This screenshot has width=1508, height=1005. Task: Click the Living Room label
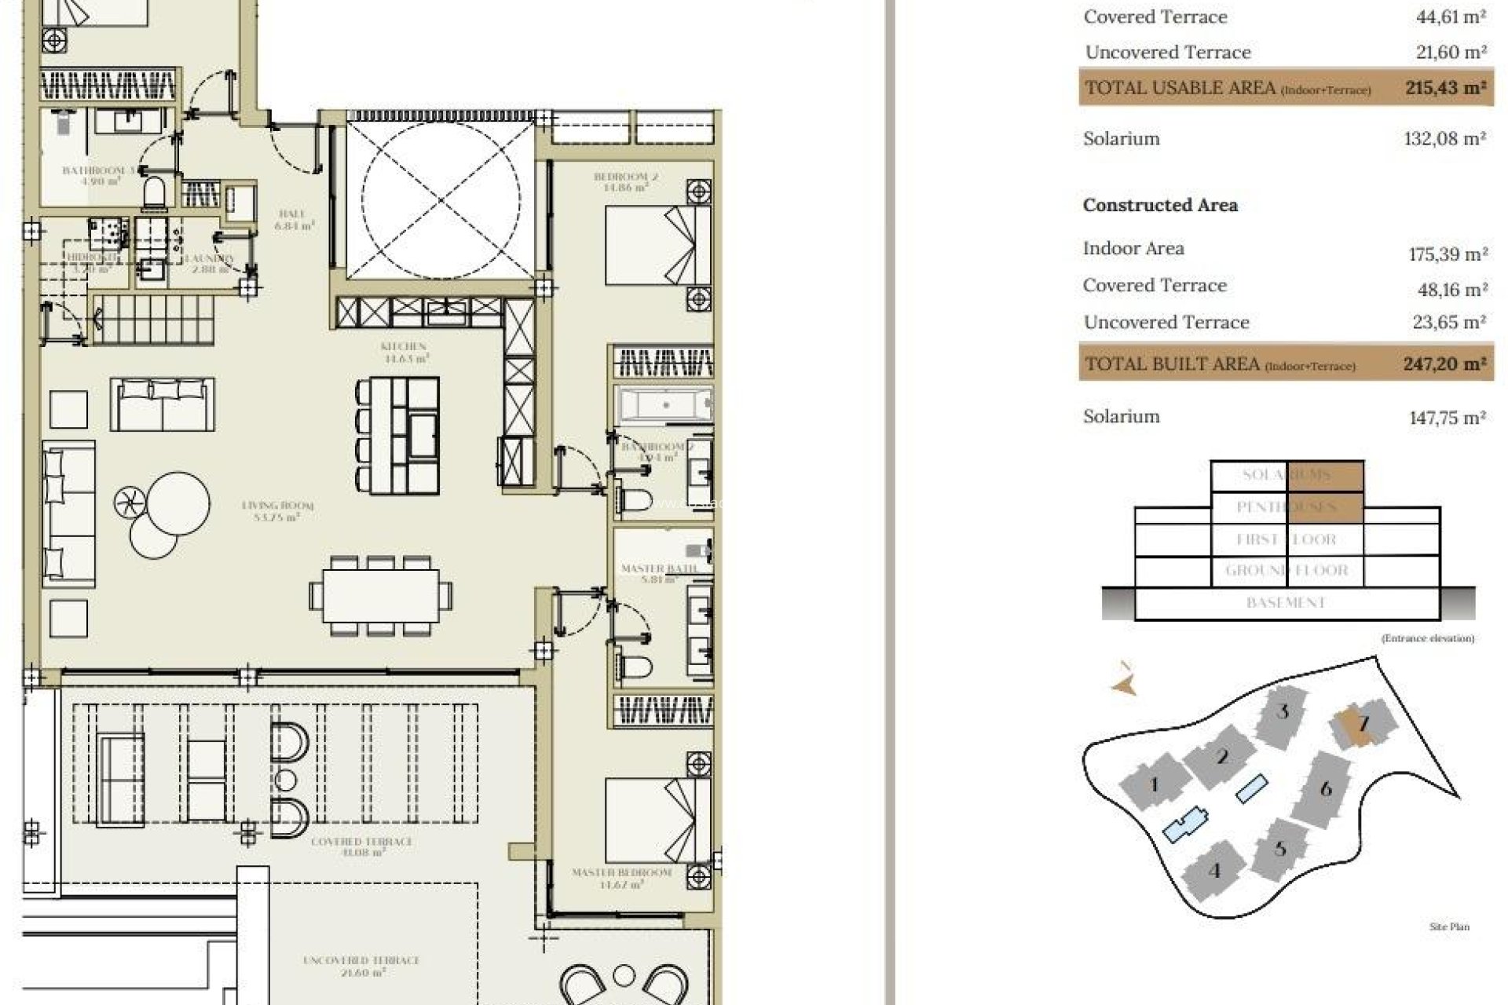coord(277,511)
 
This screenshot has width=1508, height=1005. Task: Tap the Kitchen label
coord(404,352)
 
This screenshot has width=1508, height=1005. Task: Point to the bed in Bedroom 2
coord(650,245)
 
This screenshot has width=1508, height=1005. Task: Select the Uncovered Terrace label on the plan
coord(361,966)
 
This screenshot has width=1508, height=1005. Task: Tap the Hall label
coord(292,219)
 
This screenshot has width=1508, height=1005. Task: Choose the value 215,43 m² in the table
coord(1445,88)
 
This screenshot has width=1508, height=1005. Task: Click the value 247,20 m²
coord(1444,364)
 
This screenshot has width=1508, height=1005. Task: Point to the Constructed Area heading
coord(1160,205)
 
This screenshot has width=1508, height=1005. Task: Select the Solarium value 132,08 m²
coord(1444,139)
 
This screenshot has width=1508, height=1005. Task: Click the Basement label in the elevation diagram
coord(1286,603)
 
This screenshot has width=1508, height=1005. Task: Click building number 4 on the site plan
coord(1214,870)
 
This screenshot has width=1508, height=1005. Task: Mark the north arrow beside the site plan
coord(1125,682)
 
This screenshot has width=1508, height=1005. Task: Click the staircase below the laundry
coord(154,319)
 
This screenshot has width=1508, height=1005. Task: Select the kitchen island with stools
coord(398,436)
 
